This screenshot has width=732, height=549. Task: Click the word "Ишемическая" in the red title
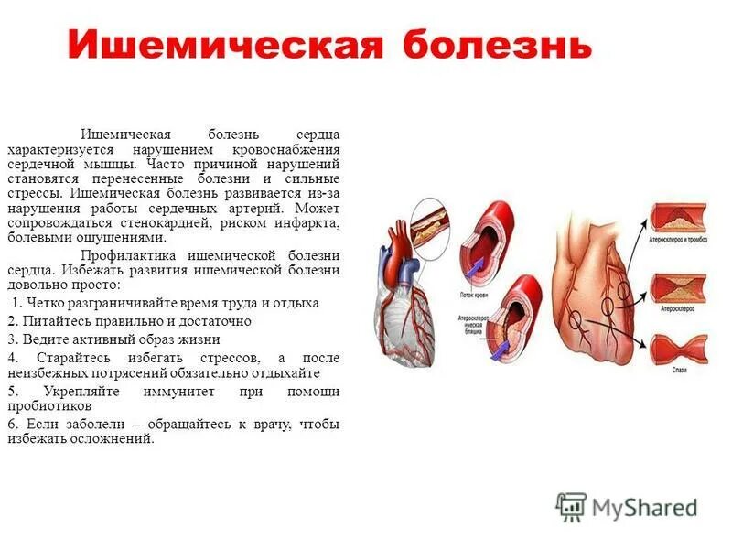[x=224, y=44]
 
